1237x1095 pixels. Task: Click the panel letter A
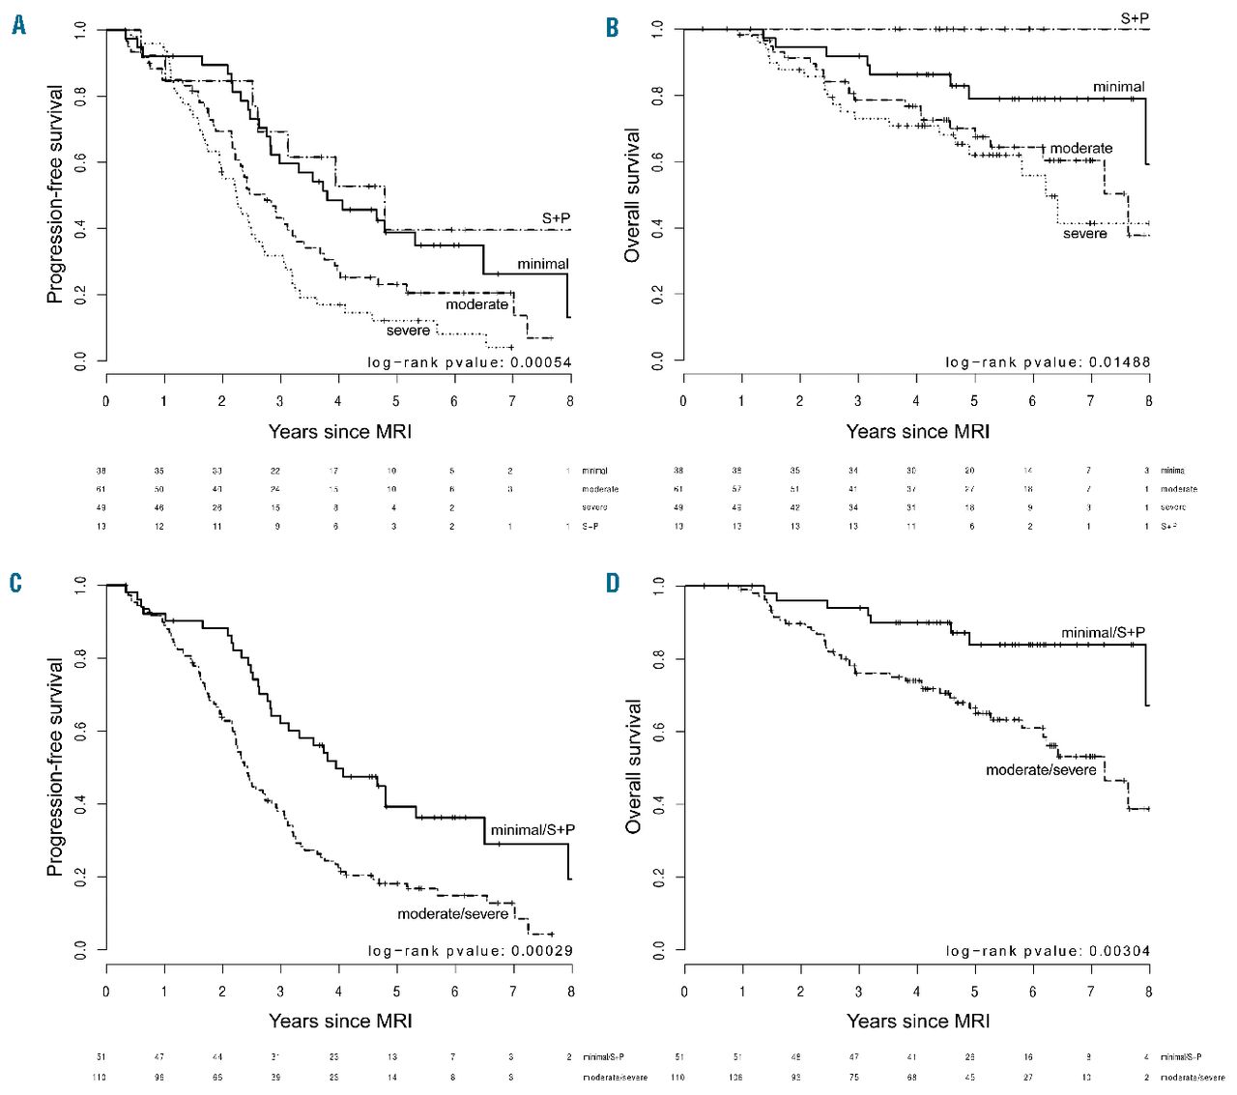coord(18,26)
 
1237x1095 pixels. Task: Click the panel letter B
coord(612,26)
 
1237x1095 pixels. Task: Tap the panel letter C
coord(15,583)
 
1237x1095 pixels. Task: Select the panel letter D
coord(612,583)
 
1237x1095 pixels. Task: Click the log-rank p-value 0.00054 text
coord(470,363)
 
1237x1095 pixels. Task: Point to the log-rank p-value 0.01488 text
coord(1048,363)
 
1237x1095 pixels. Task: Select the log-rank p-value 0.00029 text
coord(470,951)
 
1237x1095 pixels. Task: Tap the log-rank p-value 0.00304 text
coord(1048,951)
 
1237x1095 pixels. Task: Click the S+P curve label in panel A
coord(556,218)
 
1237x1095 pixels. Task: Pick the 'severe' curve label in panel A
coord(408,331)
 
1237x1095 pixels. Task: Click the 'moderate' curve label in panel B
coord(1080,149)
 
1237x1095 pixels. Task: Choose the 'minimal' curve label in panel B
coord(1118,87)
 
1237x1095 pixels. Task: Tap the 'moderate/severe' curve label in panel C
coord(452,913)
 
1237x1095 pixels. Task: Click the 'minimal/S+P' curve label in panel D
coord(1103,633)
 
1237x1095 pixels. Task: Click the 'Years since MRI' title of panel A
coord(339,431)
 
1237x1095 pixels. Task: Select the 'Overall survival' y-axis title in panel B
coord(633,195)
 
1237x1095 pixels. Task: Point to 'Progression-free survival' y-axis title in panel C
coord(55,767)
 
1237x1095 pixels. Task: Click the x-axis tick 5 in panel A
coord(396,401)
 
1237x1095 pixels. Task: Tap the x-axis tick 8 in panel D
coord(1149,992)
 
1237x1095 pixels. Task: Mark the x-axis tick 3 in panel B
coord(858,401)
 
